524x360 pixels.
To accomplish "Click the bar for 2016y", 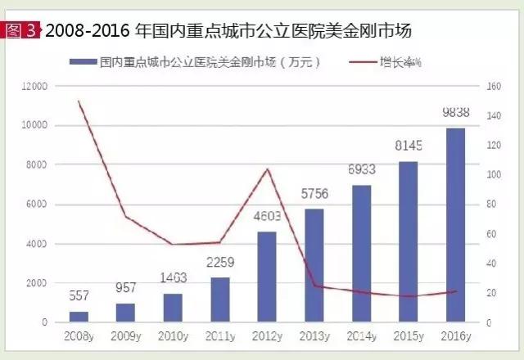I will click(456, 225).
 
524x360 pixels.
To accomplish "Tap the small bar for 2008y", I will click(79, 317).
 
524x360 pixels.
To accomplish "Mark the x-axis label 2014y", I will click(361, 336).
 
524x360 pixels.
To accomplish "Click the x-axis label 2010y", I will click(173, 336).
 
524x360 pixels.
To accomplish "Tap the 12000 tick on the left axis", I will click(36, 86).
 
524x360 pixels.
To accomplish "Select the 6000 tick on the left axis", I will click(38, 205).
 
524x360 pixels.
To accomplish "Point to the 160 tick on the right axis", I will click(495, 86).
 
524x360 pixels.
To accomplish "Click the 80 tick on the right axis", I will click(493, 205).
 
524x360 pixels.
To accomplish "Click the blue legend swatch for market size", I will click(81, 61).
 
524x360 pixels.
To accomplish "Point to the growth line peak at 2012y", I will click(267, 169).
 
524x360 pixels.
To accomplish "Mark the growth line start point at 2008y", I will click(79, 101).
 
